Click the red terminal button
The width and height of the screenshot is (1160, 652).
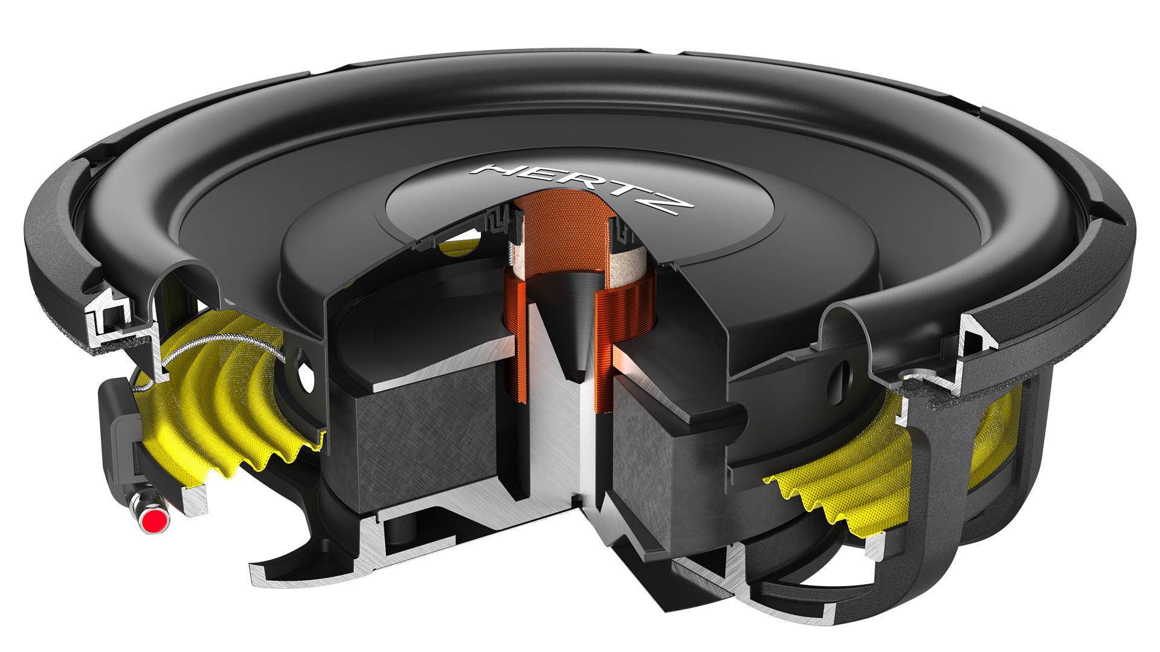tap(156, 519)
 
